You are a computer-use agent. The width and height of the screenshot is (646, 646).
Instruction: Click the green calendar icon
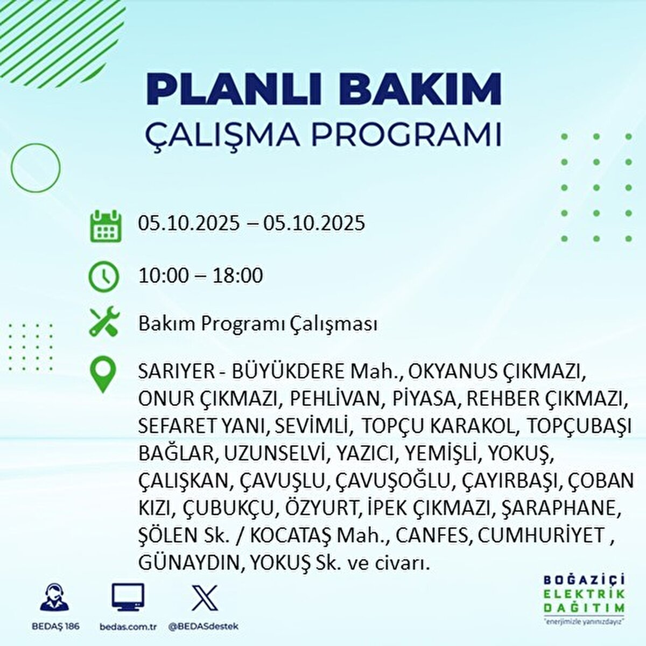104,226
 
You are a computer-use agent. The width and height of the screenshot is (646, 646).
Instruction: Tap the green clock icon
103,276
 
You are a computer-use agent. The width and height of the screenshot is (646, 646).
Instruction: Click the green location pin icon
102,375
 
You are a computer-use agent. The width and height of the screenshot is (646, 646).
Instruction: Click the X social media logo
205,598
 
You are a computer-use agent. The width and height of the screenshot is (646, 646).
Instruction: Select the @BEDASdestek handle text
203,627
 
